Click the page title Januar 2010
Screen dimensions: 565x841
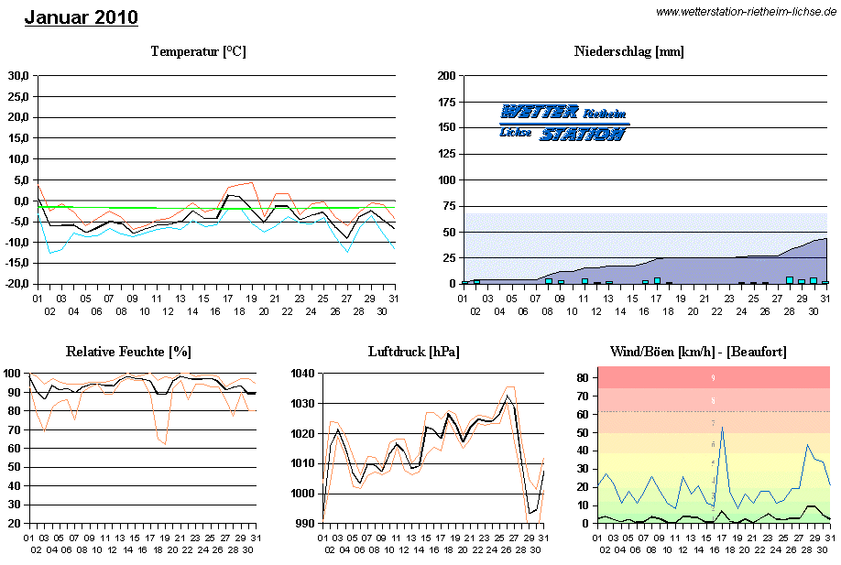[82, 17]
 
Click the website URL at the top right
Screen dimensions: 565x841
[746, 11]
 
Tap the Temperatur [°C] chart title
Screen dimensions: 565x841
[198, 51]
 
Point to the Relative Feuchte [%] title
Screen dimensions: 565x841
[128, 352]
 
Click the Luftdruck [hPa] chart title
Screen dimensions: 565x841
[413, 352]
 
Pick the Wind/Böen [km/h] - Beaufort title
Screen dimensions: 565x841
[698, 352]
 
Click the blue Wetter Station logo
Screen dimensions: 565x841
[564, 123]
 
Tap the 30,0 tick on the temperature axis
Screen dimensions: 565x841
[18, 76]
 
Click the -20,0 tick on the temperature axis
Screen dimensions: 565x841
[16, 285]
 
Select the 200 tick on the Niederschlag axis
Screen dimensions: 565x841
[447, 76]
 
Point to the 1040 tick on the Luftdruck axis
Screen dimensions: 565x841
[301, 374]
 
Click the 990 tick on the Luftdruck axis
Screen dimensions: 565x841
[304, 524]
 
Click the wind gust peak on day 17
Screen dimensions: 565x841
[722, 427]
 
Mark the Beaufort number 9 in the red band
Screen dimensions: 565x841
[713, 377]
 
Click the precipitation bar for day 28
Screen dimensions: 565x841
[790, 280]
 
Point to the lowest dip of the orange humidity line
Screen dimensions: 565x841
[165, 444]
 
